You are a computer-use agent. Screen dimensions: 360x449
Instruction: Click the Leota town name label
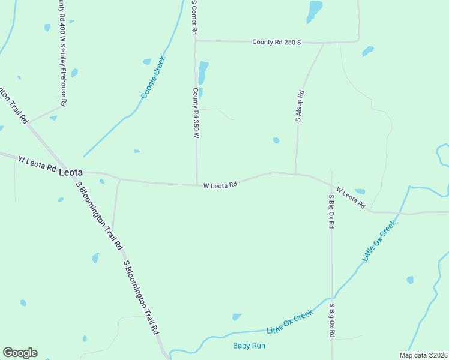coord(71,172)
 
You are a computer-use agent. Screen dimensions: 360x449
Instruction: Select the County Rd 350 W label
coord(196,113)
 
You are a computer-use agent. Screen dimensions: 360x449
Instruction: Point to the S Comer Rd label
coord(194,18)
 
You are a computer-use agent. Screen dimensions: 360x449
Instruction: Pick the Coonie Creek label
coord(152,77)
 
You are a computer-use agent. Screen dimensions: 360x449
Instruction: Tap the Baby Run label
coord(249,346)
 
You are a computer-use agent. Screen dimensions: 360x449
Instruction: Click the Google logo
coord(20,353)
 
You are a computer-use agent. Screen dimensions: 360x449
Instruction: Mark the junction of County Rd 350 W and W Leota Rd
coord(197,185)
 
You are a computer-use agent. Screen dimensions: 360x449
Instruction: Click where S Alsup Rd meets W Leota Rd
coord(295,174)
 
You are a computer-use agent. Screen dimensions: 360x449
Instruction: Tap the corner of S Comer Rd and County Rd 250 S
coord(196,41)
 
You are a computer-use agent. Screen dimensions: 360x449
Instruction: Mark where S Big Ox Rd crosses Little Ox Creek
coord(332,298)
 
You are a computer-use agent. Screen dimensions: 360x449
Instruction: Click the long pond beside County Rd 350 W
coord(203,73)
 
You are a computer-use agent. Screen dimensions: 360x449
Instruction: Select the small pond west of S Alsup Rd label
coord(276,140)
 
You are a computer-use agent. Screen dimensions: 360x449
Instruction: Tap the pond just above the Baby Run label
coord(237,317)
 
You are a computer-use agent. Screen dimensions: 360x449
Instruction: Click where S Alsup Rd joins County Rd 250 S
coord(324,43)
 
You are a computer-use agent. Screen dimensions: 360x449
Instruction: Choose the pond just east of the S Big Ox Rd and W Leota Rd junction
coord(360,191)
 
